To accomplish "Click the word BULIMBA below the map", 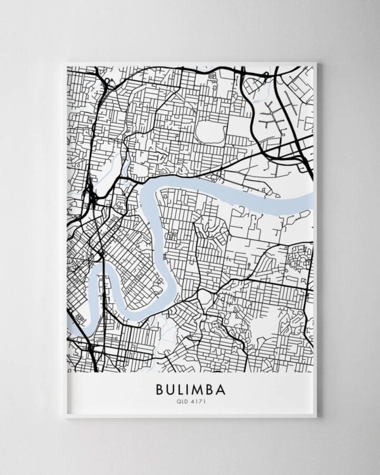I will (x=190, y=388).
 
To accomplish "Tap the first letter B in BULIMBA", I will (x=158, y=388).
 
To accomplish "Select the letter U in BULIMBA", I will (x=170, y=388).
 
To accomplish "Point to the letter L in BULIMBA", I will (x=180, y=388).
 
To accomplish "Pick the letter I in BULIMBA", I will (x=189, y=388).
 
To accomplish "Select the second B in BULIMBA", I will (x=211, y=388).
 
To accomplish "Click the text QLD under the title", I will (x=184, y=400).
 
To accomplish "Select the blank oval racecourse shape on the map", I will (x=210, y=131).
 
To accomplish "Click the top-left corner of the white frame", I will (x=65, y=62).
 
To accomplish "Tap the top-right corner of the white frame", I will (x=316, y=62).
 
